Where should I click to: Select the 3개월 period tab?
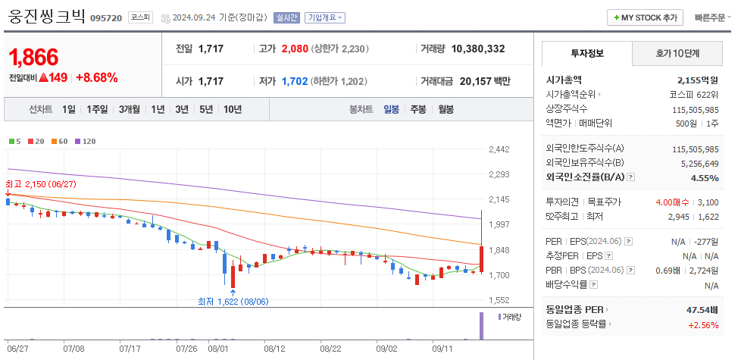(x=130, y=109)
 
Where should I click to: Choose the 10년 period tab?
(x=233, y=109)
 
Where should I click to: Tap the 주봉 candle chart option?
(x=417, y=109)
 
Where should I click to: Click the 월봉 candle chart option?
(x=446, y=109)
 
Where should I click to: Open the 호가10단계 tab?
(x=677, y=54)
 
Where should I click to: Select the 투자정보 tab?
(x=585, y=54)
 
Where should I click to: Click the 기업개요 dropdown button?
(x=325, y=17)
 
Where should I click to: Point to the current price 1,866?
(x=34, y=57)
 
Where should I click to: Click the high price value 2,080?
(x=295, y=49)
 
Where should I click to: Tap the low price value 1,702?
(x=295, y=81)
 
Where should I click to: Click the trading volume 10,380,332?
(x=477, y=49)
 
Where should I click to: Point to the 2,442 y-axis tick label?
(x=499, y=149)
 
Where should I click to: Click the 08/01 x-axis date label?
(x=217, y=349)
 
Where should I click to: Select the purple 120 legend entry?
(x=85, y=141)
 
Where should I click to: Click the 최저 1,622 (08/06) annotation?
(x=233, y=301)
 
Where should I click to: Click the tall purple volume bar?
(x=481, y=325)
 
